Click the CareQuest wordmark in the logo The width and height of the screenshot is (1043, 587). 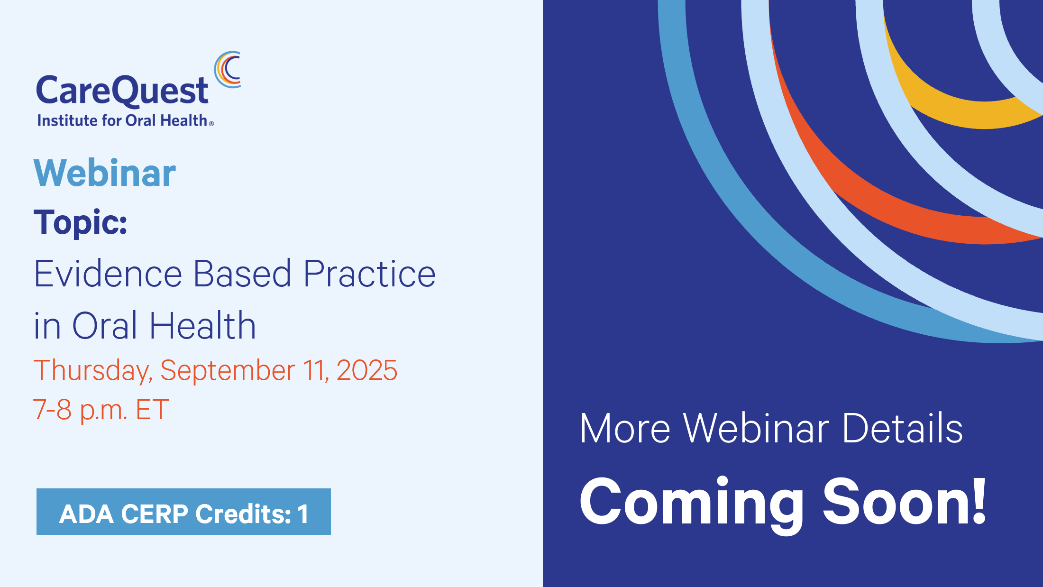(x=122, y=91)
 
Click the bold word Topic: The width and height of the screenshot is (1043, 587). (x=81, y=222)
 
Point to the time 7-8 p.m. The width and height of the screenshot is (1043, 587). (x=80, y=410)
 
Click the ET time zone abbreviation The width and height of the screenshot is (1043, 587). (x=152, y=410)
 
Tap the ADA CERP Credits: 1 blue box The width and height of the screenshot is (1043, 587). (x=183, y=512)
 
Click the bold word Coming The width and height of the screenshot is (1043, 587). (x=691, y=504)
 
